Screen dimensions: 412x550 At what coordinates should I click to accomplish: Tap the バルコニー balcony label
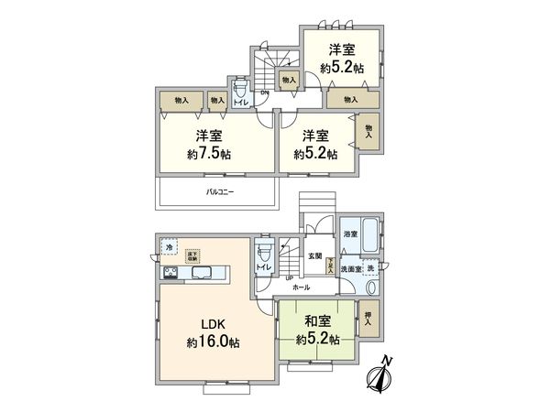pyautogui.click(x=219, y=192)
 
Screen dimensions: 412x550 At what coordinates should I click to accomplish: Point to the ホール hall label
pyautogui.click(x=301, y=287)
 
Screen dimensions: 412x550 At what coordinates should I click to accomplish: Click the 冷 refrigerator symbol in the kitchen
pyautogui.click(x=170, y=247)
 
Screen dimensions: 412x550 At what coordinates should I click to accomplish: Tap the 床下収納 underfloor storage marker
pyautogui.click(x=192, y=256)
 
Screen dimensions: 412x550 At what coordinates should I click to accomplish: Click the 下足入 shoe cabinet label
pyautogui.click(x=328, y=265)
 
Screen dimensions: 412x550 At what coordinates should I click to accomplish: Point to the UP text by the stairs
pyautogui.click(x=289, y=277)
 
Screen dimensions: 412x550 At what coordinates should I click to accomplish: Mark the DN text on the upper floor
pyautogui.click(x=264, y=92)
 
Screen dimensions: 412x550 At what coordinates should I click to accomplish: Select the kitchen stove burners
pyautogui.click(x=170, y=273)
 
